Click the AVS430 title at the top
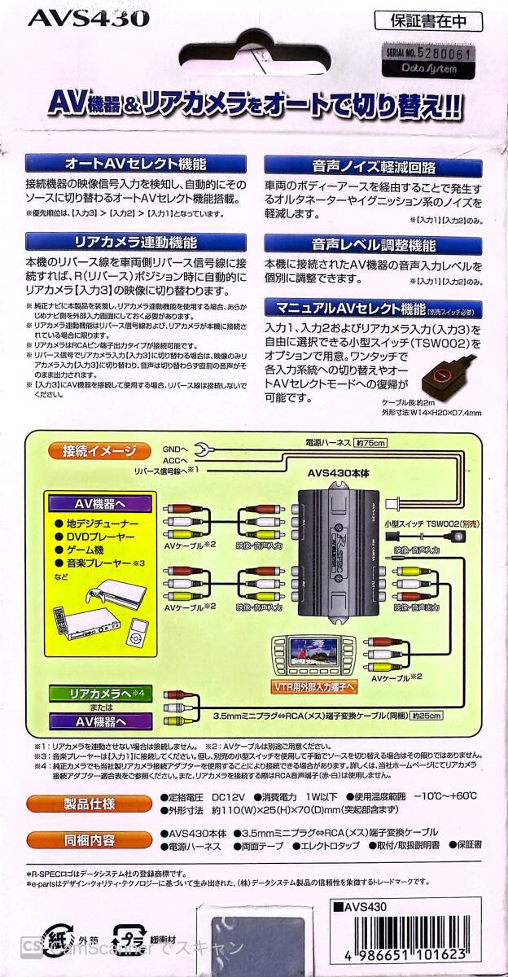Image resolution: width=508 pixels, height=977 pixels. click(77, 17)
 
